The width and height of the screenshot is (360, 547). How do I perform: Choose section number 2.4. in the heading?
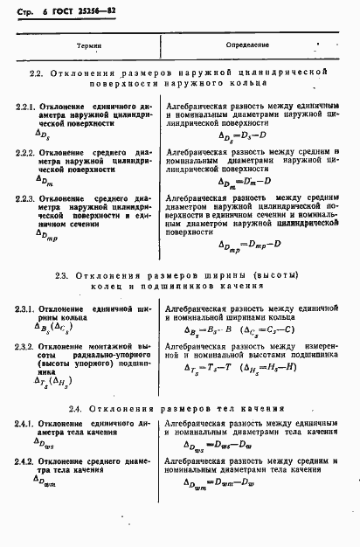(x=76, y=408)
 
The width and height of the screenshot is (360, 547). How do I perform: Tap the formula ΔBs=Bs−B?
(x=207, y=329)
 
